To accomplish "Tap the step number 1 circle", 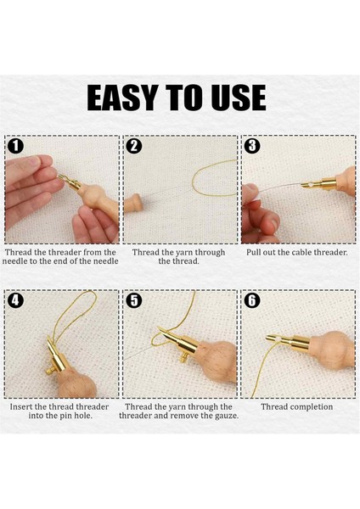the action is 15,146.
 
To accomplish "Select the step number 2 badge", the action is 134,146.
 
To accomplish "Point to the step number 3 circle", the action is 252,146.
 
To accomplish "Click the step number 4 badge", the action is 15,300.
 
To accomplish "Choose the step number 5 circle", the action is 134,300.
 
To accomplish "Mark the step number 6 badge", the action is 252,300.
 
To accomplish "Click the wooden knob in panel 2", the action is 132,204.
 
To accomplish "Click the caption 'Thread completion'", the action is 296,406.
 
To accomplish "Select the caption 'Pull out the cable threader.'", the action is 296,252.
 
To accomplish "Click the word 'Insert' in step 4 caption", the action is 21,406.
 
